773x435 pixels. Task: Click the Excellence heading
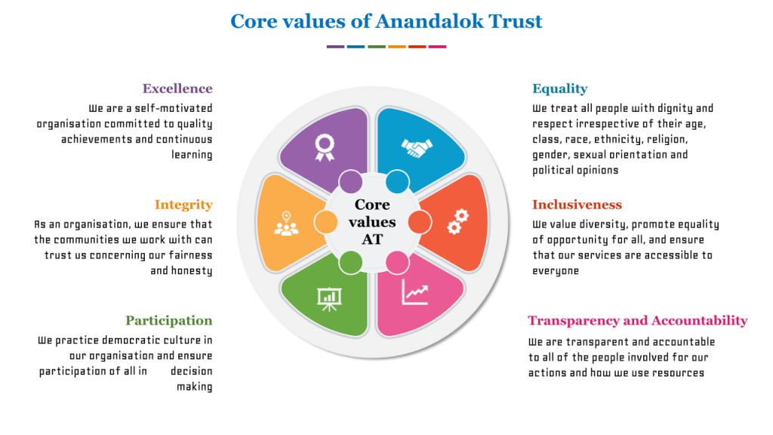coord(177,89)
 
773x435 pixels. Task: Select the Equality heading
coord(559,89)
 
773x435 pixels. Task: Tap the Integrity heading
coord(183,205)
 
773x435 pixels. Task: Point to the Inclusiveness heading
coord(577,205)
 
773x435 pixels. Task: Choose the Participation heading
coord(168,320)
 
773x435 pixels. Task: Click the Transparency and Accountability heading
coord(637,320)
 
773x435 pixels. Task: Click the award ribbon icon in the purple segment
coord(325,148)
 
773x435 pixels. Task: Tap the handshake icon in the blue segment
coord(417,148)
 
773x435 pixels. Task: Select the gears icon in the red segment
coord(458,222)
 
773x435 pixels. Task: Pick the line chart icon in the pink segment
coord(414,292)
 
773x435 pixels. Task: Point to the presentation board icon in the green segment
coord(329,299)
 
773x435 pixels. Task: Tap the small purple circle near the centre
coord(350,181)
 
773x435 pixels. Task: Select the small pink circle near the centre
coord(397,263)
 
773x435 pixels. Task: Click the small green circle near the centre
coord(350,262)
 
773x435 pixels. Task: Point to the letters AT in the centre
coord(372,239)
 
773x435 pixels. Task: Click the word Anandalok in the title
coord(429,21)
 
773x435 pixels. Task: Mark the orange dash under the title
coord(397,47)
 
